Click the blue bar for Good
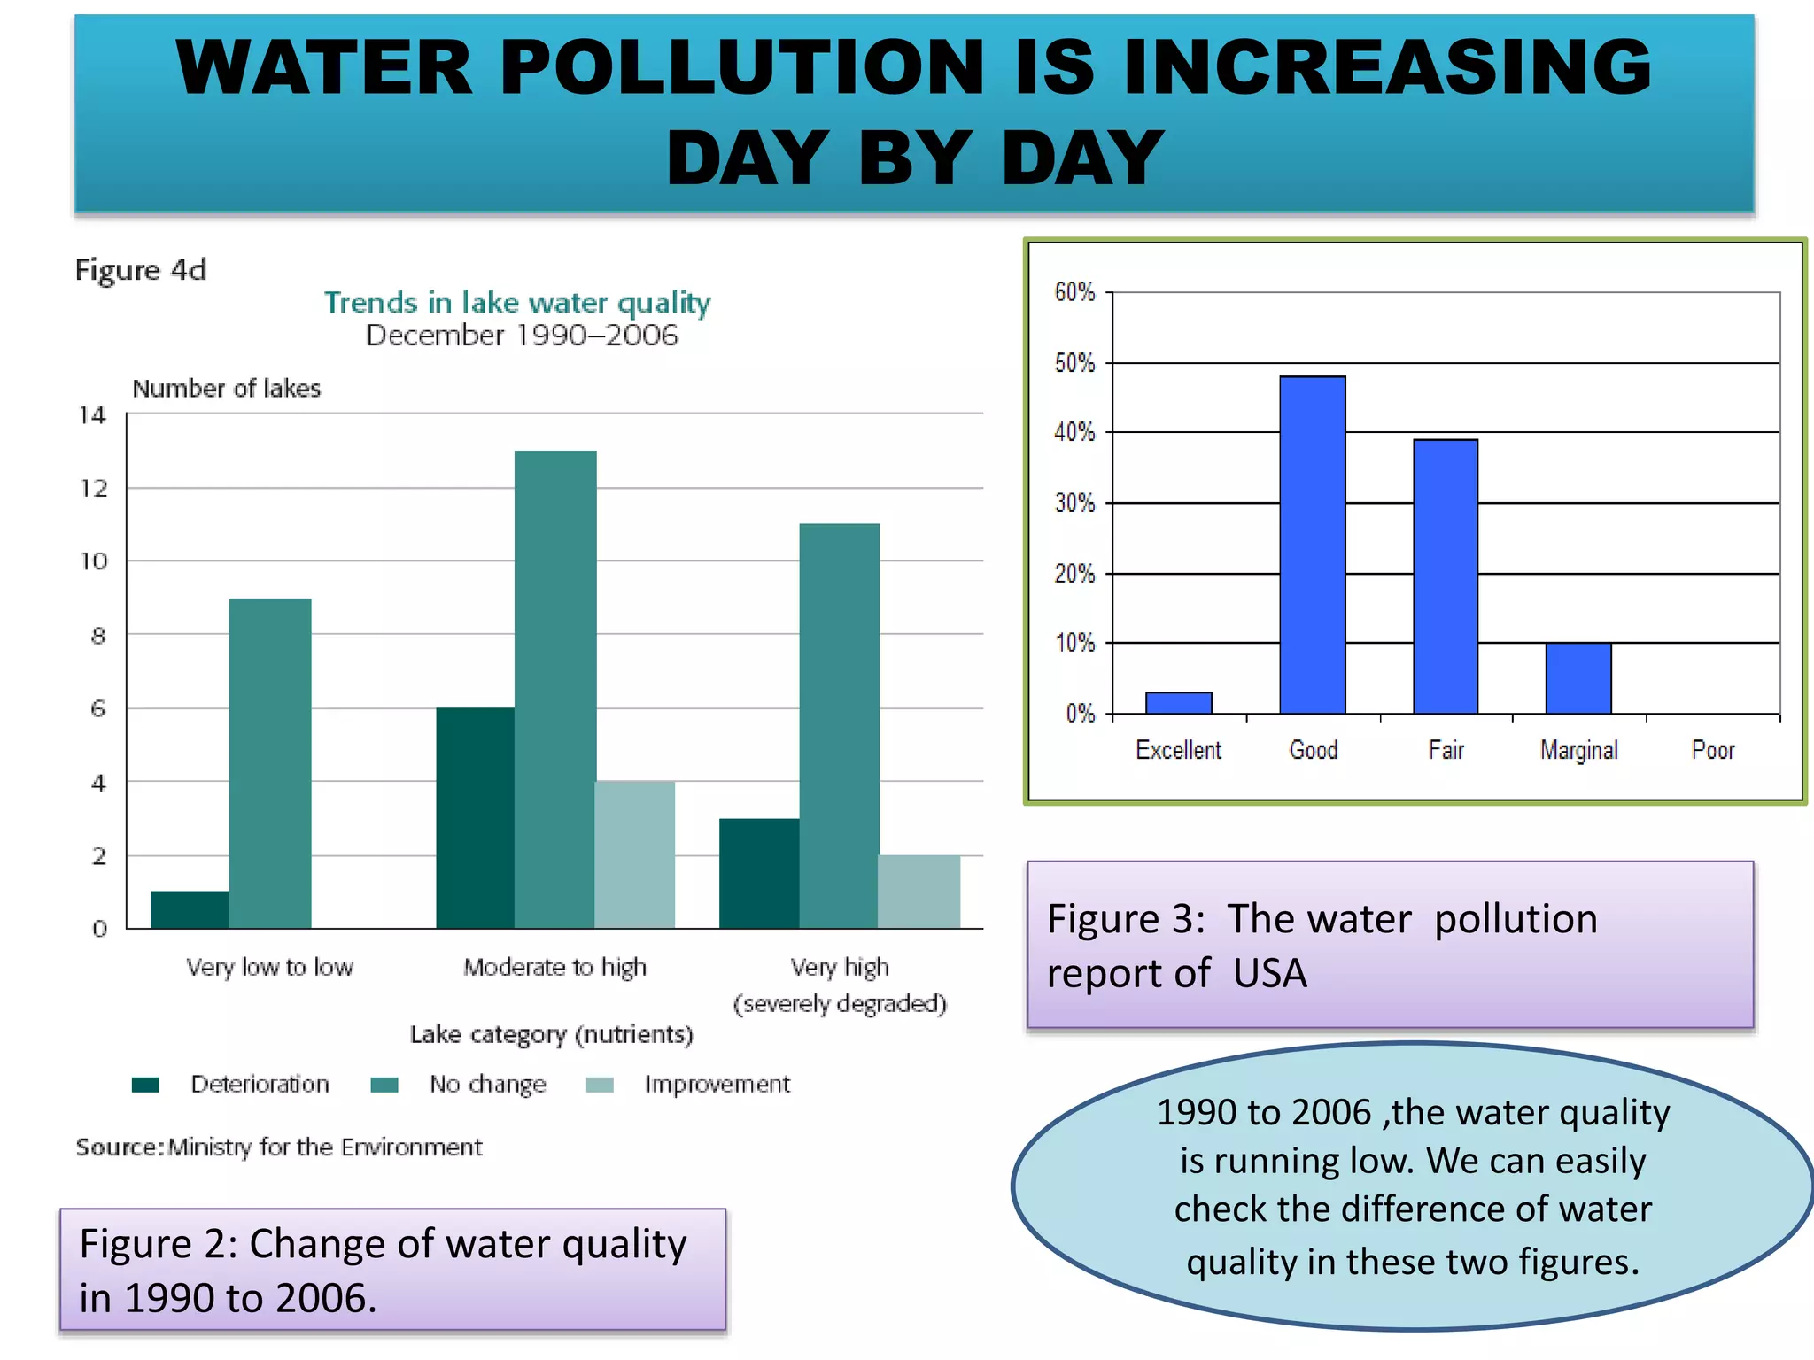click(1313, 545)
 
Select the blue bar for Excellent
click(1178, 703)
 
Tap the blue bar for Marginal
click(1578, 678)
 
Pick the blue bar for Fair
click(1446, 576)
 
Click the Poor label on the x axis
click(1713, 750)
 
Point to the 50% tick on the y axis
click(1074, 363)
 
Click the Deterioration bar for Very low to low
click(190, 909)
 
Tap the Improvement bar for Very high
click(919, 891)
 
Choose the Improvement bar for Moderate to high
click(634, 854)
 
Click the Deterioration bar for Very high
click(759, 873)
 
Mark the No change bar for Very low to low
click(270, 763)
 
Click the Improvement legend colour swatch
click(600, 1085)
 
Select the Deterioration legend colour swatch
click(145, 1085)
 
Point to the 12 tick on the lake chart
click(94, 488)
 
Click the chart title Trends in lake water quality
click(517, 302)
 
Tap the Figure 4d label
click(141, 269)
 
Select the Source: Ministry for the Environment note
click(279, 1147)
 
